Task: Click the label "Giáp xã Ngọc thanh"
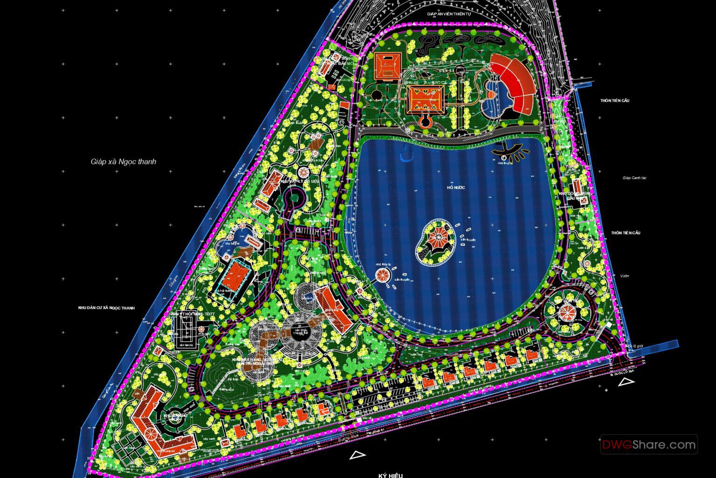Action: (x=124, y=162)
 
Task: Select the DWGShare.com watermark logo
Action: (x=649, y=444)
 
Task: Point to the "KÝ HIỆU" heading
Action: (x=390, y=475)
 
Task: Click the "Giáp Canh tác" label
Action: (x=634, y=178)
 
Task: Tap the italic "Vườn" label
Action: (x=625, y=276)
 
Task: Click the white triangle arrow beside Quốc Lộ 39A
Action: (x=625, y=382)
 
